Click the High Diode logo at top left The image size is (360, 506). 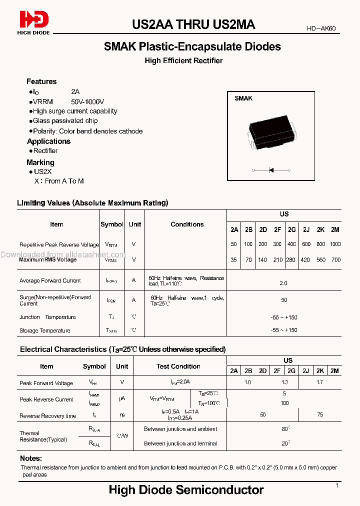tap(34, 22)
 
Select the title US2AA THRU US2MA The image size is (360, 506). tap(193, 24)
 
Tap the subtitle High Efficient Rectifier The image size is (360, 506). tap(183, 60)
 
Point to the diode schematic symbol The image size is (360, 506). tap(271, 170)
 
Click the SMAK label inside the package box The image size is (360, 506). tap(243, 98)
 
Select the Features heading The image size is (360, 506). tap(41, 81)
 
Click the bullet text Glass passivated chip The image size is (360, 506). tap(65, 121)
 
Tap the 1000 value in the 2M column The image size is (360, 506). tap(335, 244)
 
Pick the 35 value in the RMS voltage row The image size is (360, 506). tap(234, 260)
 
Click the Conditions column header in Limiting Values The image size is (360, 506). tap(187, 224)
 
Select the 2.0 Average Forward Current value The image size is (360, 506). tap(283, 283)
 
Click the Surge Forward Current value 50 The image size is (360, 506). tap(284, 300)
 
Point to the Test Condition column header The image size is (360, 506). tap(178, 366)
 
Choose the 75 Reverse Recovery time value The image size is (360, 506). tap(320, 415)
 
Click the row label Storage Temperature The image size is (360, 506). tap(44, 330)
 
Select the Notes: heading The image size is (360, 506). tap(31, 458)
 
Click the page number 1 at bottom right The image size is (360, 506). tap(337, 485)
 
